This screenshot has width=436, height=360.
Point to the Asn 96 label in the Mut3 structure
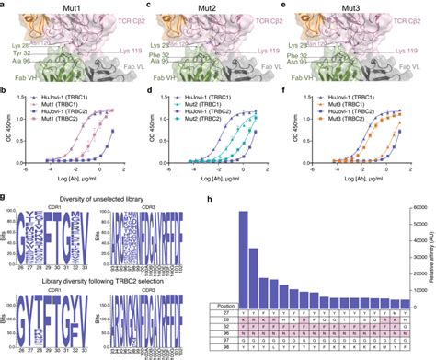(304, 64)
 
